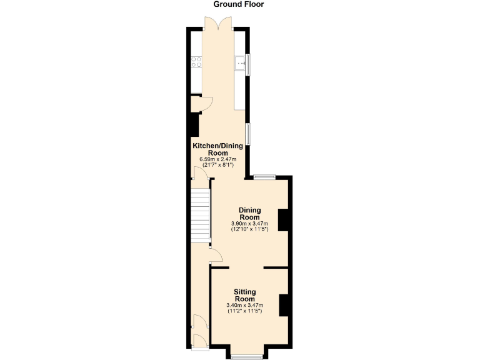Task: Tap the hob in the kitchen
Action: (196, 62)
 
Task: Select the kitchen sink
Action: (239, 62)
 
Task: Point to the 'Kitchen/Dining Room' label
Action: (217, 149)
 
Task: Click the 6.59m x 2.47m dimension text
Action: (217, 160)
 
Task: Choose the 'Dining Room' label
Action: (249, 214)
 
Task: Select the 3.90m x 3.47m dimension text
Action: (249, 224)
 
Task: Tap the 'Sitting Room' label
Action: (244, 295)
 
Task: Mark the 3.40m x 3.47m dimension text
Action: (244, 305)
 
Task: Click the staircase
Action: (201, 216)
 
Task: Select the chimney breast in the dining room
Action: (283, 219)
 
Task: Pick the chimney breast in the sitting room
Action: (284, 304)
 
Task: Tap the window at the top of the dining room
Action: (264, 177)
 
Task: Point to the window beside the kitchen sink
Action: (248, 64)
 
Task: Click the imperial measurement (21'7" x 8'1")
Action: (217, 166)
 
